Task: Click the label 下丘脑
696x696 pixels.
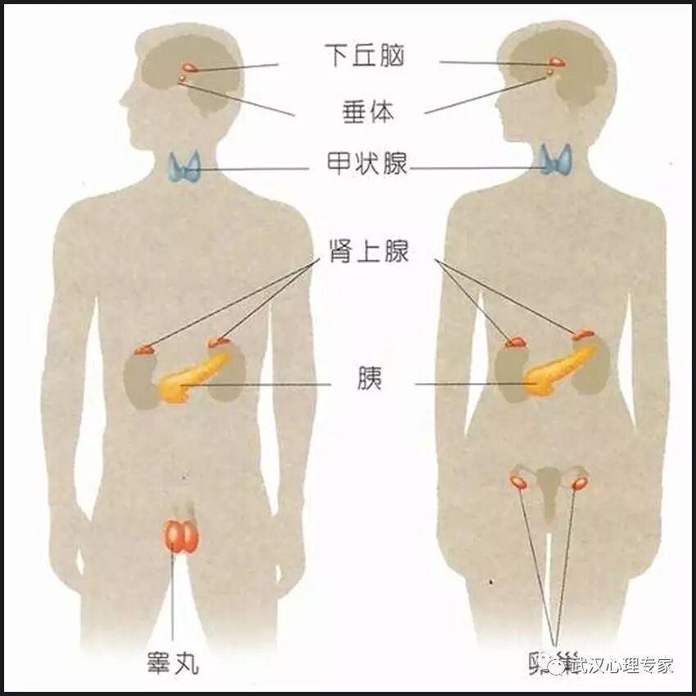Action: point(364,56)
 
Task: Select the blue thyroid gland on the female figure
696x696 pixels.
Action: point(557,160)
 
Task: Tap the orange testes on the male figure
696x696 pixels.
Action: point(179,536)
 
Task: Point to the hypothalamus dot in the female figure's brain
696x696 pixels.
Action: point(557,62)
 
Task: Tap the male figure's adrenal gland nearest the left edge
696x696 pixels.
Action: point(145,350)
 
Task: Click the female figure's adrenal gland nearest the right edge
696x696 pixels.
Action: point(583,334)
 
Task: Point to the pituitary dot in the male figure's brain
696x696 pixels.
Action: point(182,79)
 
